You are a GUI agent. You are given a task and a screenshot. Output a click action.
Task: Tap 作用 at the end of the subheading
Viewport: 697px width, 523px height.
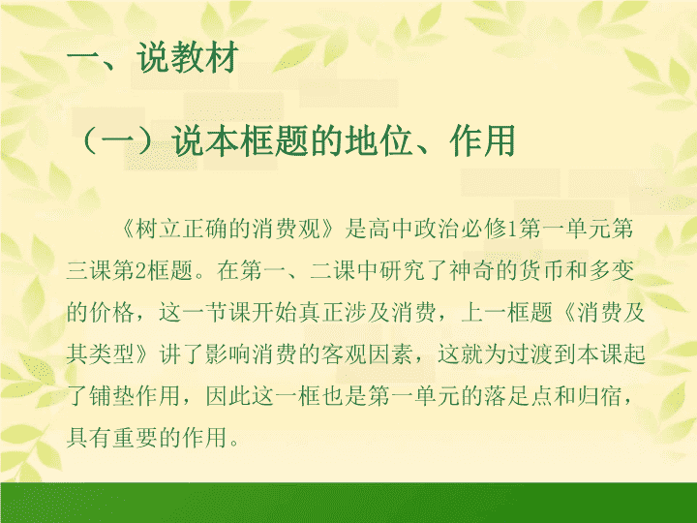point(483,141)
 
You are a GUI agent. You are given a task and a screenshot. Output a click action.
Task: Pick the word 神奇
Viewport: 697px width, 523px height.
point(472,271)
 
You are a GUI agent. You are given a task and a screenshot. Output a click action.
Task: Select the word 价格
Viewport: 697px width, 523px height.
point(112,313)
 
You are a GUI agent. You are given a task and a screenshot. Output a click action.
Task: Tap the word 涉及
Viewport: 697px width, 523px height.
point(368,313)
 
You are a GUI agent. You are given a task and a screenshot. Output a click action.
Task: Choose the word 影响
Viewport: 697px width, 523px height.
point(228,354)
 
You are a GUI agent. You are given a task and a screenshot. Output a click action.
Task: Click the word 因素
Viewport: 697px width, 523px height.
point(391,354)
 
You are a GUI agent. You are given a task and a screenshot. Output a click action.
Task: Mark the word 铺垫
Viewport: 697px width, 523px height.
point(112,396)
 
